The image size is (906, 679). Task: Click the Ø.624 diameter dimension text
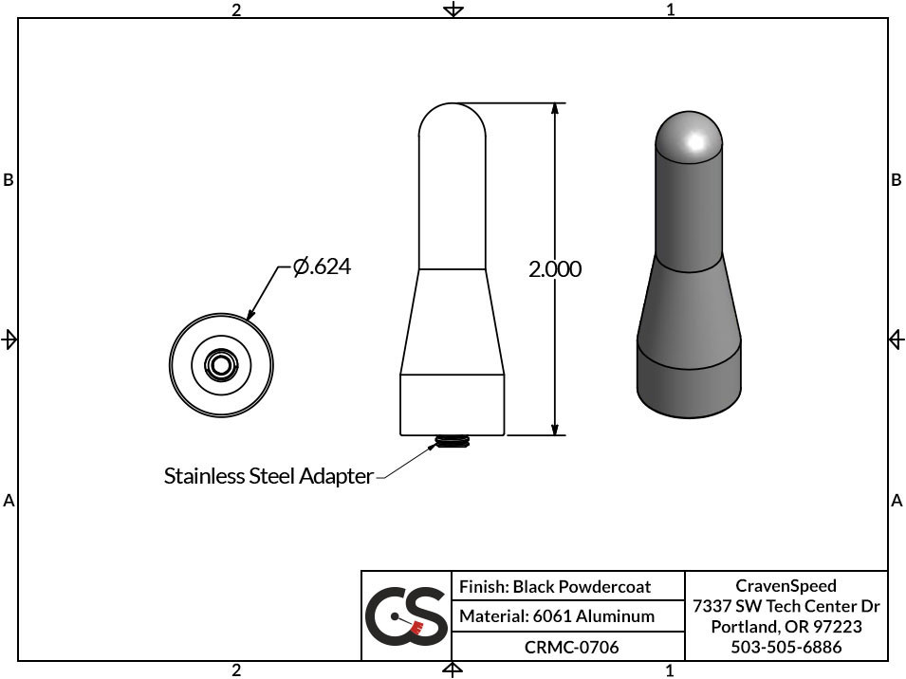tap(322, 267)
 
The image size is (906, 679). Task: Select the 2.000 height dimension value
tap(555, 269)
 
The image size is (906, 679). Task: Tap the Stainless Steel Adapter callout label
tap(268, 476)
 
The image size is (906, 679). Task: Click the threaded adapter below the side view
tap(453, 442)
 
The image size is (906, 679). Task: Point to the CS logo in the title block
tap(406, 616)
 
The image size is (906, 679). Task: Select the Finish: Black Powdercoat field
tap(555, 587)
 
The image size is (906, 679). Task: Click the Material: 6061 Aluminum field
tap(557, 616)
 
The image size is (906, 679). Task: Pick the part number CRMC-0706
tap(571, 647)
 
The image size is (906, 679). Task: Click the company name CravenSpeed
tap(786, 585)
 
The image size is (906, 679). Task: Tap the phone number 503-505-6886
tap(786, 647)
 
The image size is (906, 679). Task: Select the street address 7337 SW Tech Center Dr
tap(786, 606)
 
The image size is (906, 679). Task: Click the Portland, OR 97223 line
tap(786, 627)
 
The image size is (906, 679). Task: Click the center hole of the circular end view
tap(221, 364)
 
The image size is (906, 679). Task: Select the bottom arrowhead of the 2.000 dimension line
tap(555, 428)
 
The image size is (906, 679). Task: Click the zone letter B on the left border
tap(9, 180)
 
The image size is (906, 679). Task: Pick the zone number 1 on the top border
tap(671, 9)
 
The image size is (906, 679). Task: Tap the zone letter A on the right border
tap(897, 501)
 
